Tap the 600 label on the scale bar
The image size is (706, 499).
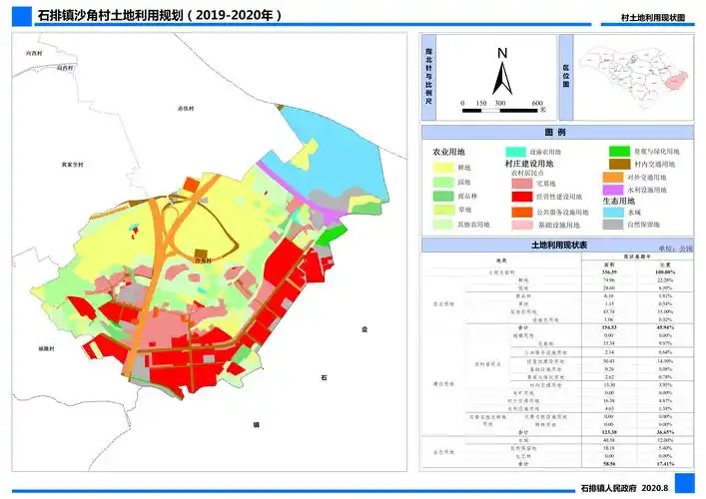click(x=536, y=103)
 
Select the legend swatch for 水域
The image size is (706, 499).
click(x=614, y=212)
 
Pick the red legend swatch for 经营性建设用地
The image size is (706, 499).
click(x=521, y=198)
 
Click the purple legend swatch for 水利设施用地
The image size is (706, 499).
click(x=614, y=189)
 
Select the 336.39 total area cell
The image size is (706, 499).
click(x=606, y=271)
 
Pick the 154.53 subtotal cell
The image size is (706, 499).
click(x=606, y=326)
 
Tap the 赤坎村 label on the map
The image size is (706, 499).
click(x=184, y=108)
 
